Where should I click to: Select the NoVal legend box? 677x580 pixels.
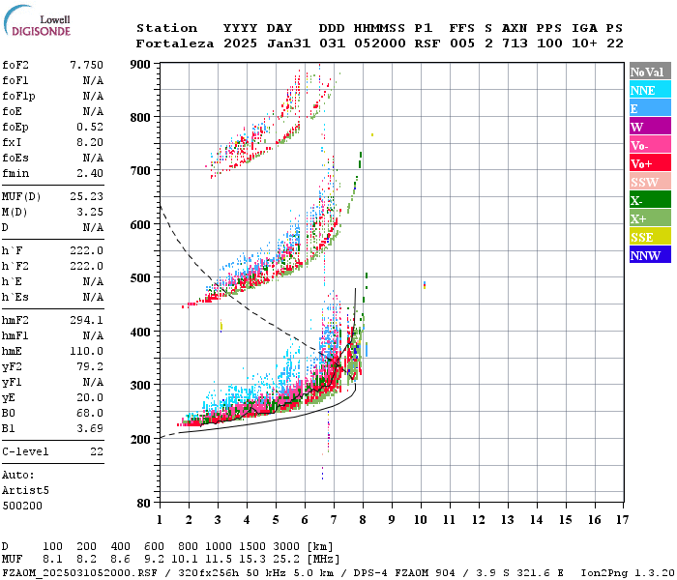(648, 72)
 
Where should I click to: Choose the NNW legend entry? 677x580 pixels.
(648, 255)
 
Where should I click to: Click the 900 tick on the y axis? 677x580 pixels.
(142, 64)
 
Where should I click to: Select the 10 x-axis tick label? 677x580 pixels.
(421, 519)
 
